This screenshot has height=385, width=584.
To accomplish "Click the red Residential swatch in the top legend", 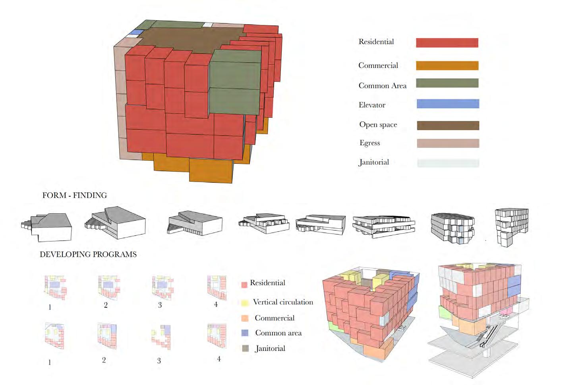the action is (x=447, y=43).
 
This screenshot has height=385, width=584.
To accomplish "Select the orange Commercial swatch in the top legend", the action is (x=447, y=65).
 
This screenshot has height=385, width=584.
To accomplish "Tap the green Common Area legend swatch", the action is (x=447, y=83).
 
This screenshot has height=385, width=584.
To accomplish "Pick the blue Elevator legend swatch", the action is (x=448, y=104).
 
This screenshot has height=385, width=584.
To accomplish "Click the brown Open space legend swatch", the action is (x=448, y=125).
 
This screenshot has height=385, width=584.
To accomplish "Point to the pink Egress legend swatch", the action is (x=448, y=143).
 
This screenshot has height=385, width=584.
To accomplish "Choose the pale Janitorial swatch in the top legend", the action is (x=448, y=163).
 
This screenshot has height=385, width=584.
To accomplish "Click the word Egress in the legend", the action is (x=369, y=143).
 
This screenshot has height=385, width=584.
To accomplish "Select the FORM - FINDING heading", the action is (x=75, y=195).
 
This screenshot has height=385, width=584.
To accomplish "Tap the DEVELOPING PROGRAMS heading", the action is (x=88, y=254).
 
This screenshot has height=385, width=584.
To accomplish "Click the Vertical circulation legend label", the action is (x=283, y=302).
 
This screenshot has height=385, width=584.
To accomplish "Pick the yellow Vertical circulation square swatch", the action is (x=245, y=303).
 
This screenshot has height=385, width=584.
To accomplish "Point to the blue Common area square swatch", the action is (x=245, y=333).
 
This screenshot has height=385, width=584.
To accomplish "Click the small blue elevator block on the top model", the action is (x=137, y=32).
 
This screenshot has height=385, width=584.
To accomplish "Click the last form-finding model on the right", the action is (x=511, y=227).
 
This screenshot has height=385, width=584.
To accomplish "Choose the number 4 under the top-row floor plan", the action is (x=216, y=305).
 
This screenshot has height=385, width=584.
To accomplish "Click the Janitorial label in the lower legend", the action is (x=270, y=349).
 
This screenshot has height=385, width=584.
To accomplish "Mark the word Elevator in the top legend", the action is (x=372, y=105).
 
